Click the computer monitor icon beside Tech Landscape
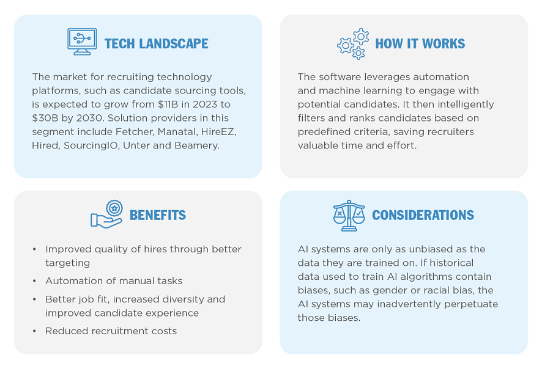click(82, 42)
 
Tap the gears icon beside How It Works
click(353, 44)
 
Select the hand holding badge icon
click(107, 214)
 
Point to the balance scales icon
click(349, 216)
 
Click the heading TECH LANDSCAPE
click(156, 44)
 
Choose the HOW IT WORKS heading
click(420, 44)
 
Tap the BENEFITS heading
click(158, 215)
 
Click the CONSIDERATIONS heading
click(423, 215)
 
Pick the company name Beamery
click(197, 145)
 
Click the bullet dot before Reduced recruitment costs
click(34, 331)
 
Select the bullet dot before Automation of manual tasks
click(34, 281)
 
